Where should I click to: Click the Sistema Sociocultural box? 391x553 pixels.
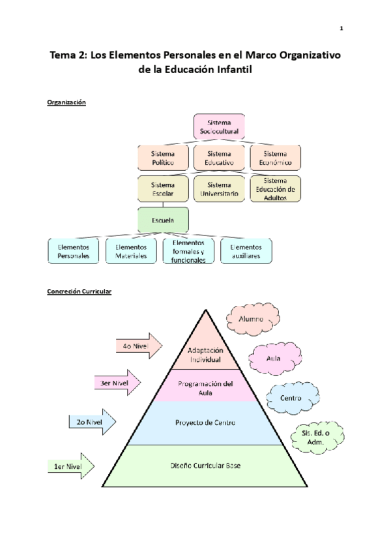[x=218, y=127]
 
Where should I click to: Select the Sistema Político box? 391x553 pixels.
[x=163, y=158]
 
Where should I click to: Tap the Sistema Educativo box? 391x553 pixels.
[x=218, y=158]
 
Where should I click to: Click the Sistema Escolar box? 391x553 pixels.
[x=163, y=189]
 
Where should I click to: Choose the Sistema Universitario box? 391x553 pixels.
[x=218, y=189]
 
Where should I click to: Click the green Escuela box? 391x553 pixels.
[x=163, y=220]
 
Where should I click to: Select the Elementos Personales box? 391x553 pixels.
[x=73, y=252]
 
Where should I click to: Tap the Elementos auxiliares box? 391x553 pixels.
[x=246, y=252]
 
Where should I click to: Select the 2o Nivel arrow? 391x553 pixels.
[x=91, y=421]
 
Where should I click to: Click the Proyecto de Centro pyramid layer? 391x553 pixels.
[x=205, y=423]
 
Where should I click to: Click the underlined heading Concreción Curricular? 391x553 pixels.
[x=79, y=291]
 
